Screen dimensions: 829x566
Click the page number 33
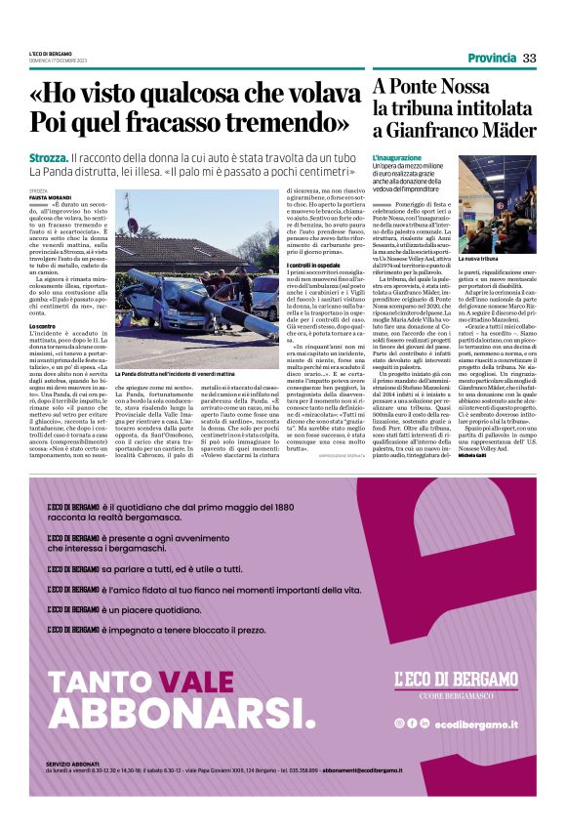(x=529, y=59)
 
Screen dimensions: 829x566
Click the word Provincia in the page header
(x=491, y=59)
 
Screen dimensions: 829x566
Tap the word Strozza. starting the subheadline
(x=47, y=158)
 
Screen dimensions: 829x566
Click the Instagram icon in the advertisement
(x=399, y=723)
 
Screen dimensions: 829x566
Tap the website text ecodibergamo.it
(x=476, y=723)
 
